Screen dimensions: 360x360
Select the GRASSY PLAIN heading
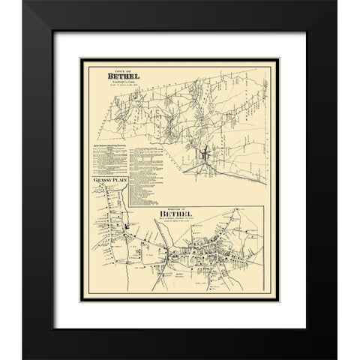point(107,182)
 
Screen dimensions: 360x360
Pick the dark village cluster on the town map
point(202,157)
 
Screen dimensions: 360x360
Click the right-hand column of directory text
point(150,165)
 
